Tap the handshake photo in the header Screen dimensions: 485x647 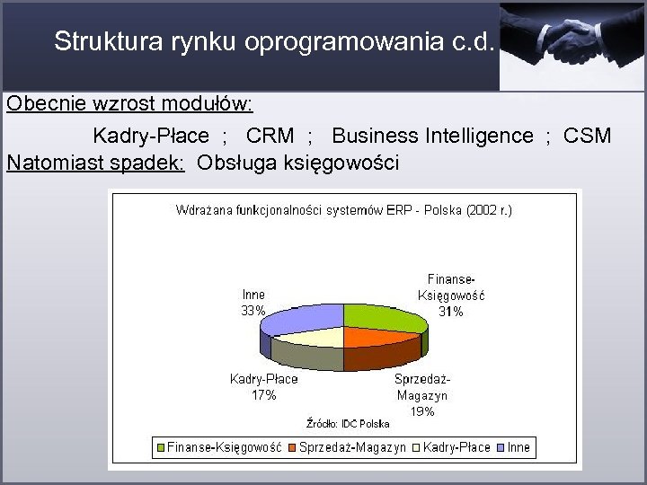coord(573,45)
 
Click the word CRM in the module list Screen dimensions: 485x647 coord(270,137)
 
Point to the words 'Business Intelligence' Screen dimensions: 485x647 coord(432,137)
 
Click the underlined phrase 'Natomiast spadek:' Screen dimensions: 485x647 coord(95,163)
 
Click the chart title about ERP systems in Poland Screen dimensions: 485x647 coord(344,211)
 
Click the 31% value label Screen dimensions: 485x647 coord(451,312)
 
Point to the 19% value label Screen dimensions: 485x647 coord(422,411)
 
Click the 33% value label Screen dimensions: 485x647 coord(253,311)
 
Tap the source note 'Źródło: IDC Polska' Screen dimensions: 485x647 coord(348,423)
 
